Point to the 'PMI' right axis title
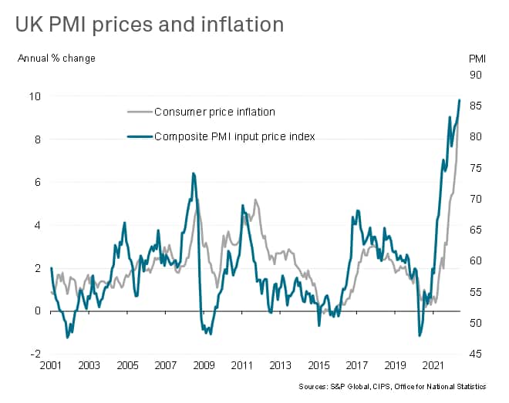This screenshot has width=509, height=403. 478,58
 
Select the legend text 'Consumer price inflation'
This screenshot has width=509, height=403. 215,112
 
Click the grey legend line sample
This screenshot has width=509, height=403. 138,112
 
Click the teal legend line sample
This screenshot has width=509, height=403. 138,136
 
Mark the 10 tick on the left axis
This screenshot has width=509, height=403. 35,96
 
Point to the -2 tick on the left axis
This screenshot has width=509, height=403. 35,354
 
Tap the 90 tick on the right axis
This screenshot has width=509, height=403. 476,75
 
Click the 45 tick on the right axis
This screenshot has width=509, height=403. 476,354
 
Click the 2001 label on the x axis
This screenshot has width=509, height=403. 51,364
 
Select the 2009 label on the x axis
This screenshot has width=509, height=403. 203,364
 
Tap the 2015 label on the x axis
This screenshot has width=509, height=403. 317,364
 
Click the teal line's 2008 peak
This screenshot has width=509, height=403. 193,173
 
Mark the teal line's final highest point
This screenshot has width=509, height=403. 460,99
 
